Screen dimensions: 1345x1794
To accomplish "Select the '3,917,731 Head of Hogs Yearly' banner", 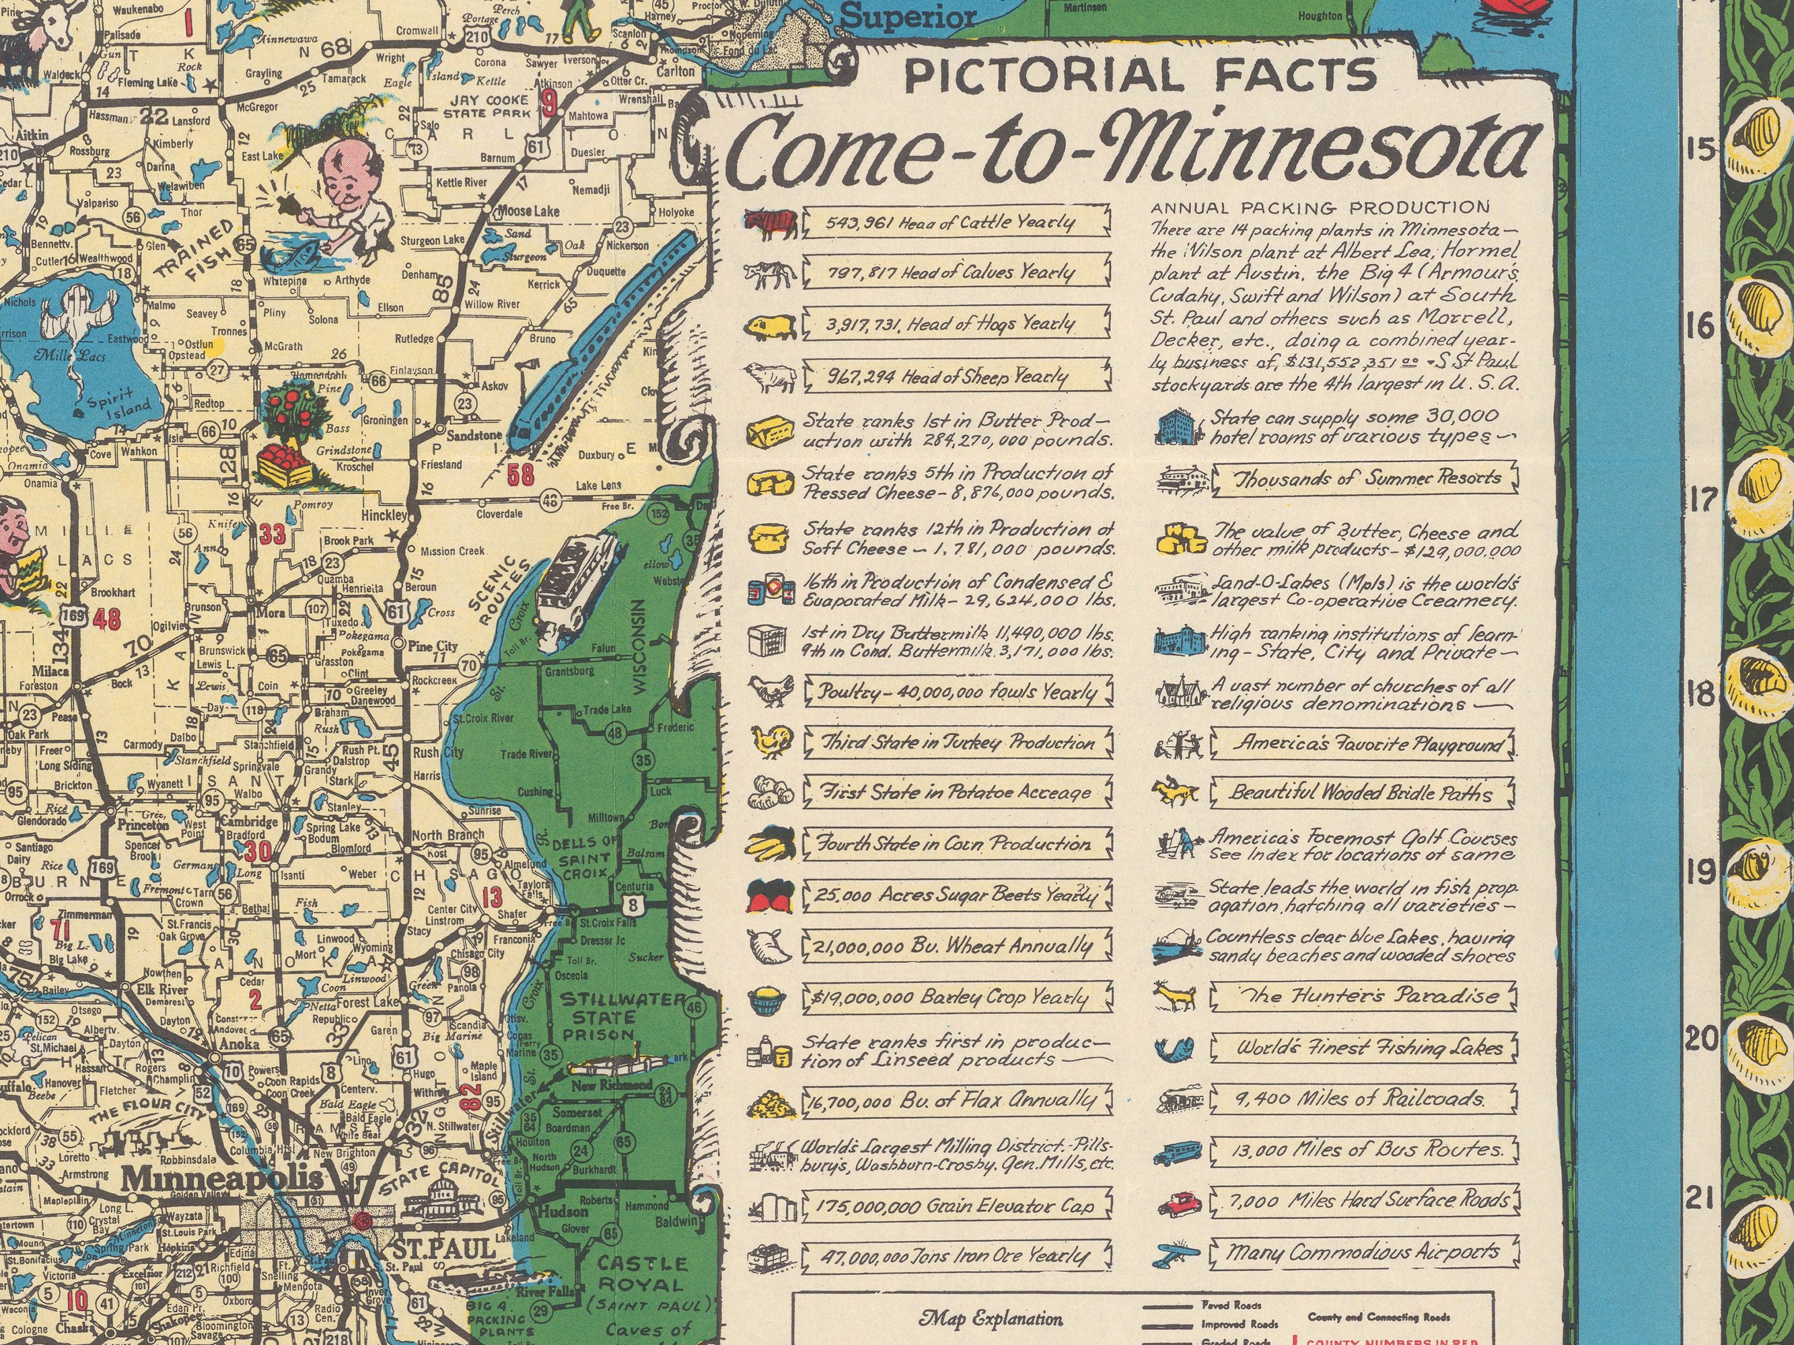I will [x=955, y=323].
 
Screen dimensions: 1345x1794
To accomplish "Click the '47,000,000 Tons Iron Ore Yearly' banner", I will [x=955, y=1256].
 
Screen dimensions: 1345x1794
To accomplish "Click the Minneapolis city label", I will [x=221, y=1177].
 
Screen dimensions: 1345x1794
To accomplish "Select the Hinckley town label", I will [x=384, y=516].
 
